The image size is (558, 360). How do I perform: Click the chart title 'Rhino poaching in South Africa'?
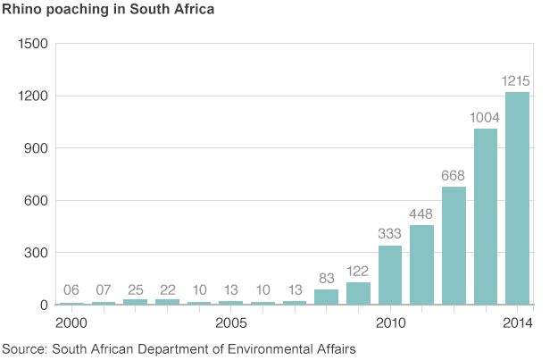[106, 11]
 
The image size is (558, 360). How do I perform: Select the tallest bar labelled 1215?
[517, 198]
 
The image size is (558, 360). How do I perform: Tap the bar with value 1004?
[485, 217]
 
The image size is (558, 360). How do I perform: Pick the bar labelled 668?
[454, 246]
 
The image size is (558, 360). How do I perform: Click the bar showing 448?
[421, 265]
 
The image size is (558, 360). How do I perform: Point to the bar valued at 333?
[390, 275]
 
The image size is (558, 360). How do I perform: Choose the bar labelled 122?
[358, 294]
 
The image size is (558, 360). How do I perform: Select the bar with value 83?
[326, 297]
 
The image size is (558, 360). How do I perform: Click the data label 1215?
[517, 81]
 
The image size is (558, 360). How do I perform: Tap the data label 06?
[71, 291]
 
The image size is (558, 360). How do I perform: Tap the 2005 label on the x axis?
[230, 322]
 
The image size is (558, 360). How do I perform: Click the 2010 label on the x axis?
[390, 322]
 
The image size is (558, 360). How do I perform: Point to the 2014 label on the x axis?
[517, 322]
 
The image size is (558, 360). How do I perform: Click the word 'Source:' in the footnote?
[25, 347]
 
